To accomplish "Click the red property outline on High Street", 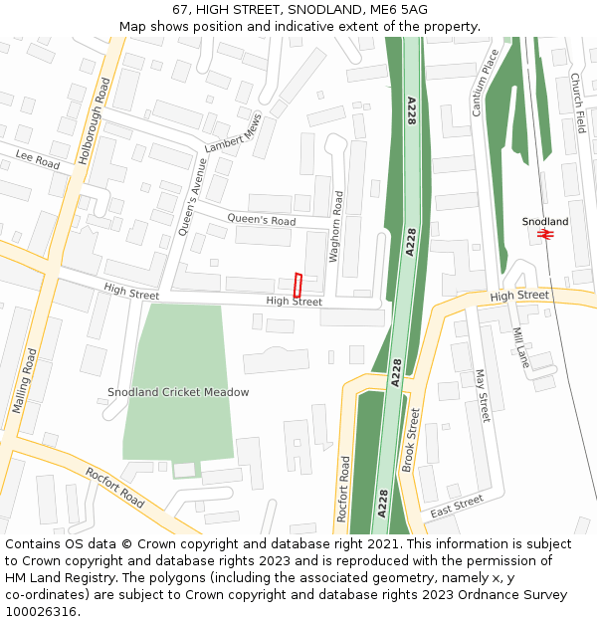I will pyautogui.click(x=298, y=285).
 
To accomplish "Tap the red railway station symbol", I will pyautogui.click(x=544, y=235).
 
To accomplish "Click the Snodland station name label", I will pyautogui.click(x=545, y=221).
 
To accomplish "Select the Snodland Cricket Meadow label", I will pyautogui.click(x=178, y=392).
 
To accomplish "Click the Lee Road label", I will pyautogui.click(x=38, y=159).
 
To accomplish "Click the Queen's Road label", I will pyautogui.click(x=261, y=220).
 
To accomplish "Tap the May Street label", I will pyautogui.click(x=483, y=394).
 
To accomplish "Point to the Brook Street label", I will pyautogui.click(x=409, y=439).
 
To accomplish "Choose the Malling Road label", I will pyautogui.click(x=25, y=381).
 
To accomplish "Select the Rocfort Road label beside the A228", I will pyautogui.click(x=343, y=489).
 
